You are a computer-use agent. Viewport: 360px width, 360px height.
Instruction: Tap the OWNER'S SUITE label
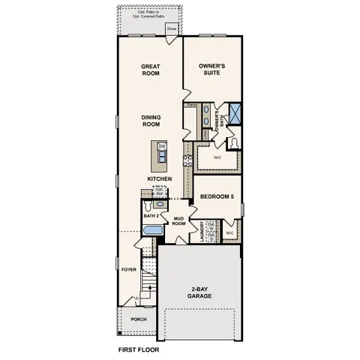pos(212,70)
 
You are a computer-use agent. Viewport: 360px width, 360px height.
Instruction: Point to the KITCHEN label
pos(160,178)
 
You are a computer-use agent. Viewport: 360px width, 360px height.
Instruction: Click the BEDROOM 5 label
pos(217,197)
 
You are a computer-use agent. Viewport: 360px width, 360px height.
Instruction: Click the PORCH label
pos(139,319)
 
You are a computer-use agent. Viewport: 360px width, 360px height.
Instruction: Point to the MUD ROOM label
pos(178,221)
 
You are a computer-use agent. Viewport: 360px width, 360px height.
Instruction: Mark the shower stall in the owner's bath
pos(235,113)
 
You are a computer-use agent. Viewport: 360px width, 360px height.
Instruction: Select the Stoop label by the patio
pos(172,30)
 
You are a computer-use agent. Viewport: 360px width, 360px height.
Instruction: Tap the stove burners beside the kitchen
pos(188,159)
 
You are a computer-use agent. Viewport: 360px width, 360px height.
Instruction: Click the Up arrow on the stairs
pos(136,299)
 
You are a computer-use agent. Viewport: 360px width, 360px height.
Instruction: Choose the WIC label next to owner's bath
pos(216,158)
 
